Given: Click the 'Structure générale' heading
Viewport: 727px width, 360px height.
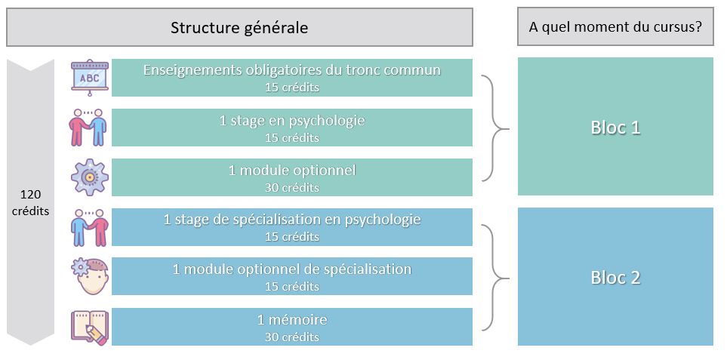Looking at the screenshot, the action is [239, 27].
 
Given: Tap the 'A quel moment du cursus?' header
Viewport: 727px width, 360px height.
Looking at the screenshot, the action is [615, 26].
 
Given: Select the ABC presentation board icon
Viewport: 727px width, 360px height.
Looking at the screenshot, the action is [90, 78].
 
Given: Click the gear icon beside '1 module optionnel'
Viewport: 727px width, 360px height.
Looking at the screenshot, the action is [90, 177].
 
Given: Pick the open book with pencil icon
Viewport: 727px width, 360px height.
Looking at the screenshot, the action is [90, 327].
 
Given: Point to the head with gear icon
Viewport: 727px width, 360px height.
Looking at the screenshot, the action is [90, 276].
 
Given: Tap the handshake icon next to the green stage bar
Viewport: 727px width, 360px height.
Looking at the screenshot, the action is [88, 128].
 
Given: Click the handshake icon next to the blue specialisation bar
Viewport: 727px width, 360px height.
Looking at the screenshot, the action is [90, 227].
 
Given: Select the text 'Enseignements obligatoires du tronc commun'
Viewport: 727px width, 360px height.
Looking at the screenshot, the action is [291, 70].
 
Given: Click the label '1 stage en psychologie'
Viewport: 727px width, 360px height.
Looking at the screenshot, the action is [292, 121].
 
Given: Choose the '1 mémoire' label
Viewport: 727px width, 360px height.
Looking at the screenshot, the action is [292, 320].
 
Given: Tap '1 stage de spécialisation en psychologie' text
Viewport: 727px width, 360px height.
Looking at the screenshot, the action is [292, 219].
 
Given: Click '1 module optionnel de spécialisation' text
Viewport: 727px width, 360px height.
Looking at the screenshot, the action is [292, 269].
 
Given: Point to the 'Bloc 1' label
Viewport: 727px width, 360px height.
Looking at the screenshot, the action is [615, 128].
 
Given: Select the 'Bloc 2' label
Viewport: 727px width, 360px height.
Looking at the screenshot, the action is [615, 277].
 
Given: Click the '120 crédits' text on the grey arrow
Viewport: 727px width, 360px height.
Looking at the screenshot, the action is [31, 202].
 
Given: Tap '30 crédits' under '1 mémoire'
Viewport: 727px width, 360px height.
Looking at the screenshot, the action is [292, 337].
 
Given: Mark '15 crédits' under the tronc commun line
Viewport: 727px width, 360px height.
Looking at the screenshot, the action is [292, 87].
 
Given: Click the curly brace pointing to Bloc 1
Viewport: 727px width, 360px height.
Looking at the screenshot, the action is [496, 128].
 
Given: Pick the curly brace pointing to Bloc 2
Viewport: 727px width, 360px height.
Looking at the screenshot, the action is [496, 278].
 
